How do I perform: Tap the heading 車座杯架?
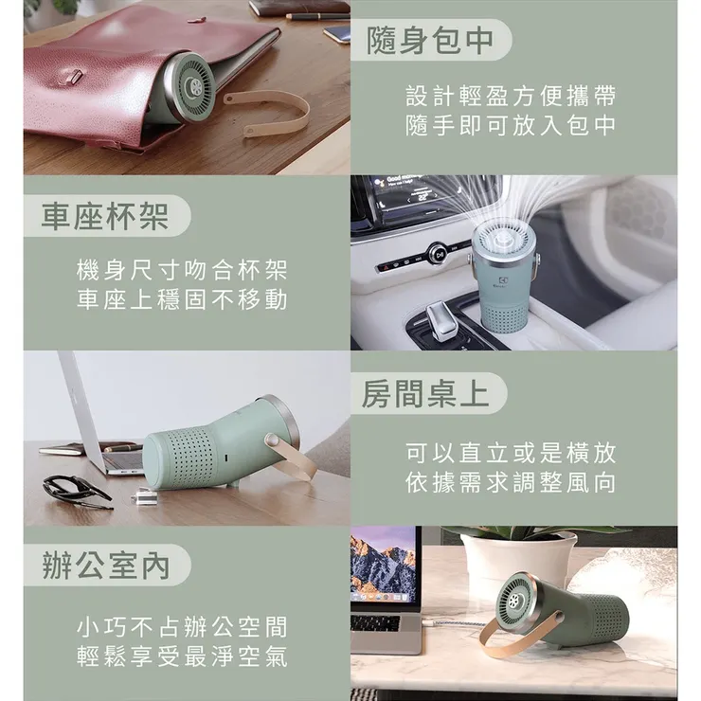tap(105, 216)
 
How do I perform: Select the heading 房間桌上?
tap(426, 393)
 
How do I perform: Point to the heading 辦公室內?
tap(106, 565)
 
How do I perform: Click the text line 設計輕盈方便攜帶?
tap(512, 96)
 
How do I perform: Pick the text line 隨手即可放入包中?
tap(512, 125)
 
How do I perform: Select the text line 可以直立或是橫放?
tap(512, 453)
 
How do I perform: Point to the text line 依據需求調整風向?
tap(512, 482)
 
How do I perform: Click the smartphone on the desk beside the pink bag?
tap(337, 35)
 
